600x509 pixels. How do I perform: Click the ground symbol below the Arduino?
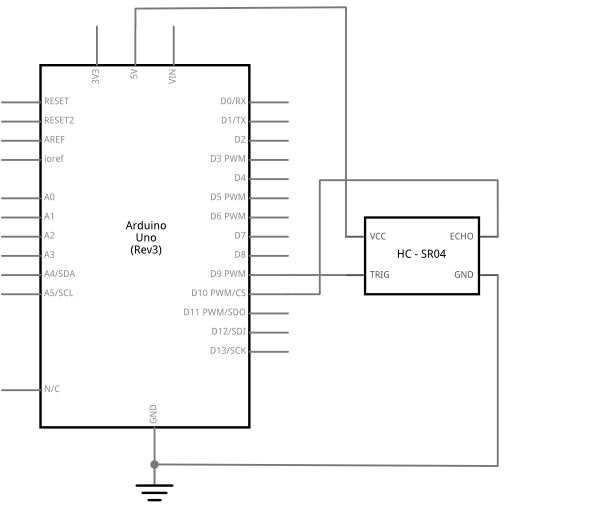(154, 492)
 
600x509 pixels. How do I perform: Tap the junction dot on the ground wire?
(154, 465)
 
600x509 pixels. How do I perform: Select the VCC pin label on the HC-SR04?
(378, 237)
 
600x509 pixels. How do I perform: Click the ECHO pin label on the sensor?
(461, 237)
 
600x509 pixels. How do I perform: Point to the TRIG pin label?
(380, 275)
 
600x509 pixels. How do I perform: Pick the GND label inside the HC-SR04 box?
(464, 275)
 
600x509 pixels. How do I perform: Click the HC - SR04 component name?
(421, 254)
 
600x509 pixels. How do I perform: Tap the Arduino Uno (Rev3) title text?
(146, 238)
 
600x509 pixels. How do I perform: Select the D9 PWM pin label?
(228, 274)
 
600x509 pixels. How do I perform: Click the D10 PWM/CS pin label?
(218, 293)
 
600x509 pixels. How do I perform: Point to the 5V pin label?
(134, 74)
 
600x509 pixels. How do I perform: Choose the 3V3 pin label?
(96, 77)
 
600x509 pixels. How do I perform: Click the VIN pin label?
(173, 77)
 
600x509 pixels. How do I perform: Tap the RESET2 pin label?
(59, 121)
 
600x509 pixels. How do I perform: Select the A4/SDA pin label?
(59, 274)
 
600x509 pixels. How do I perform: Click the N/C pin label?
(52, 389)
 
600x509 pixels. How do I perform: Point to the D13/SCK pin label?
(228, 351)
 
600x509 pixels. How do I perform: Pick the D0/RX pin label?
(233, 101)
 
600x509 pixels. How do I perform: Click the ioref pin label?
(54, 158)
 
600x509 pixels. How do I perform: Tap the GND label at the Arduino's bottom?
(153, 414)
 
